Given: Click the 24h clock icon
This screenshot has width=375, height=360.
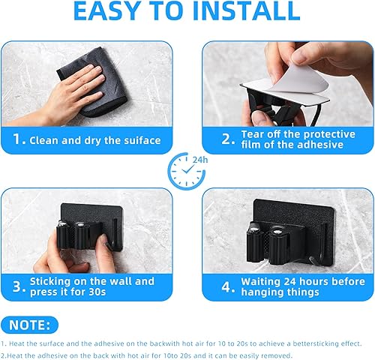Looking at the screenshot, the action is [x=187, y=171].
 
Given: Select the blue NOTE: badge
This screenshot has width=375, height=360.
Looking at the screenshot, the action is [x=29, y=325].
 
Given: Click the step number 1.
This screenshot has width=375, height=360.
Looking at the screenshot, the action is [x=19, y=139].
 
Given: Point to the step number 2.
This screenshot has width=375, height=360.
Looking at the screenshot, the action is [x=228, y=139].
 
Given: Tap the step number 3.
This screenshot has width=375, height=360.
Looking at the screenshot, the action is [x=19, y=286].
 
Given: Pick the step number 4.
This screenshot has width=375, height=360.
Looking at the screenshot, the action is [x=228, y=286].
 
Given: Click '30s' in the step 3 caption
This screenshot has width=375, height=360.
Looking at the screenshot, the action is [x=97, y=292].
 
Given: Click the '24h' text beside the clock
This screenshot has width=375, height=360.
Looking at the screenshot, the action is [x=200, y=160].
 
